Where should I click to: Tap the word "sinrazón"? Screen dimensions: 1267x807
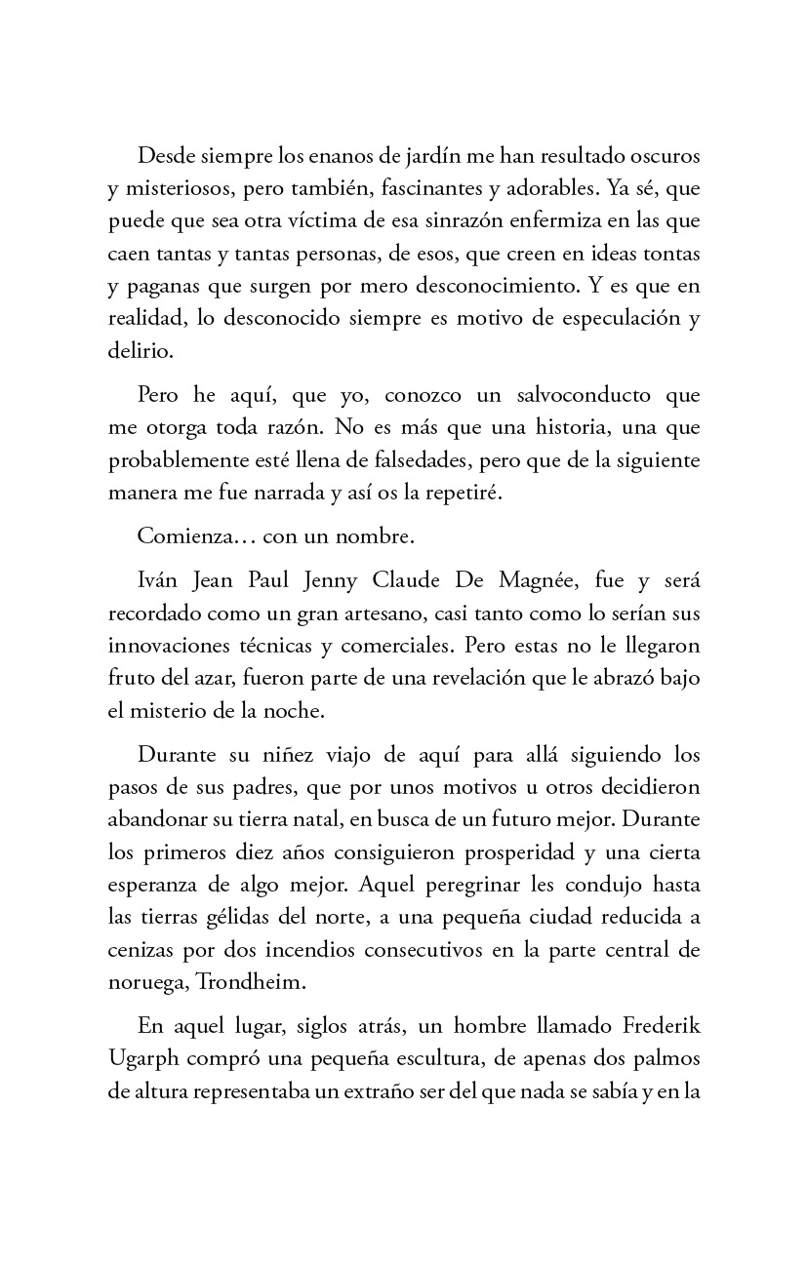409,220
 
